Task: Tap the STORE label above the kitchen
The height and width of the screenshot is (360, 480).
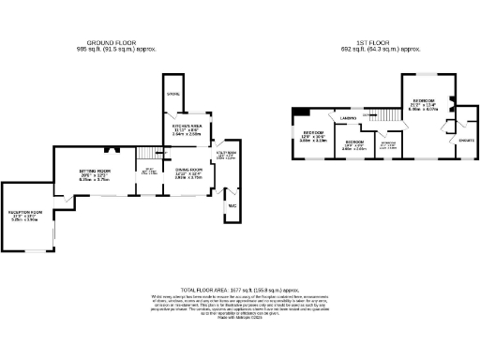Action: pyautogui.click(x=172, y=95)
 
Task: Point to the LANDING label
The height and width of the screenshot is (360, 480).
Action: pyautogui.click(x=347, y=118)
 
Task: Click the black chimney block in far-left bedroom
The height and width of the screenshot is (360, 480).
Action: pyautogui.click(x=297, y=113)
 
